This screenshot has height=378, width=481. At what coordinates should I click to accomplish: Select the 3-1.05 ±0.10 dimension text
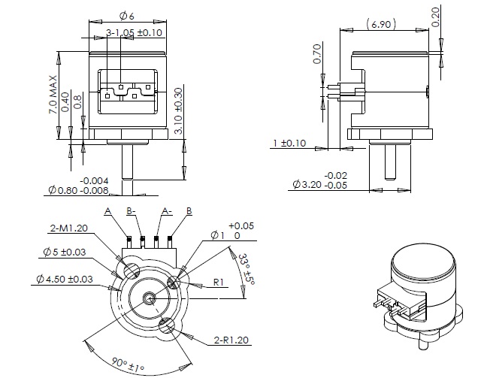tap(134, 33)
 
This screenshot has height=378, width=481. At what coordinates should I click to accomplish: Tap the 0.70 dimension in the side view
tap(317, 56)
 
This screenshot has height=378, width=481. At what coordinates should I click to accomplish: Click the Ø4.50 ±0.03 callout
tap(63, 280)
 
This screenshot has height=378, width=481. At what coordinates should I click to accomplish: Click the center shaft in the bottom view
tap(151, 298)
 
